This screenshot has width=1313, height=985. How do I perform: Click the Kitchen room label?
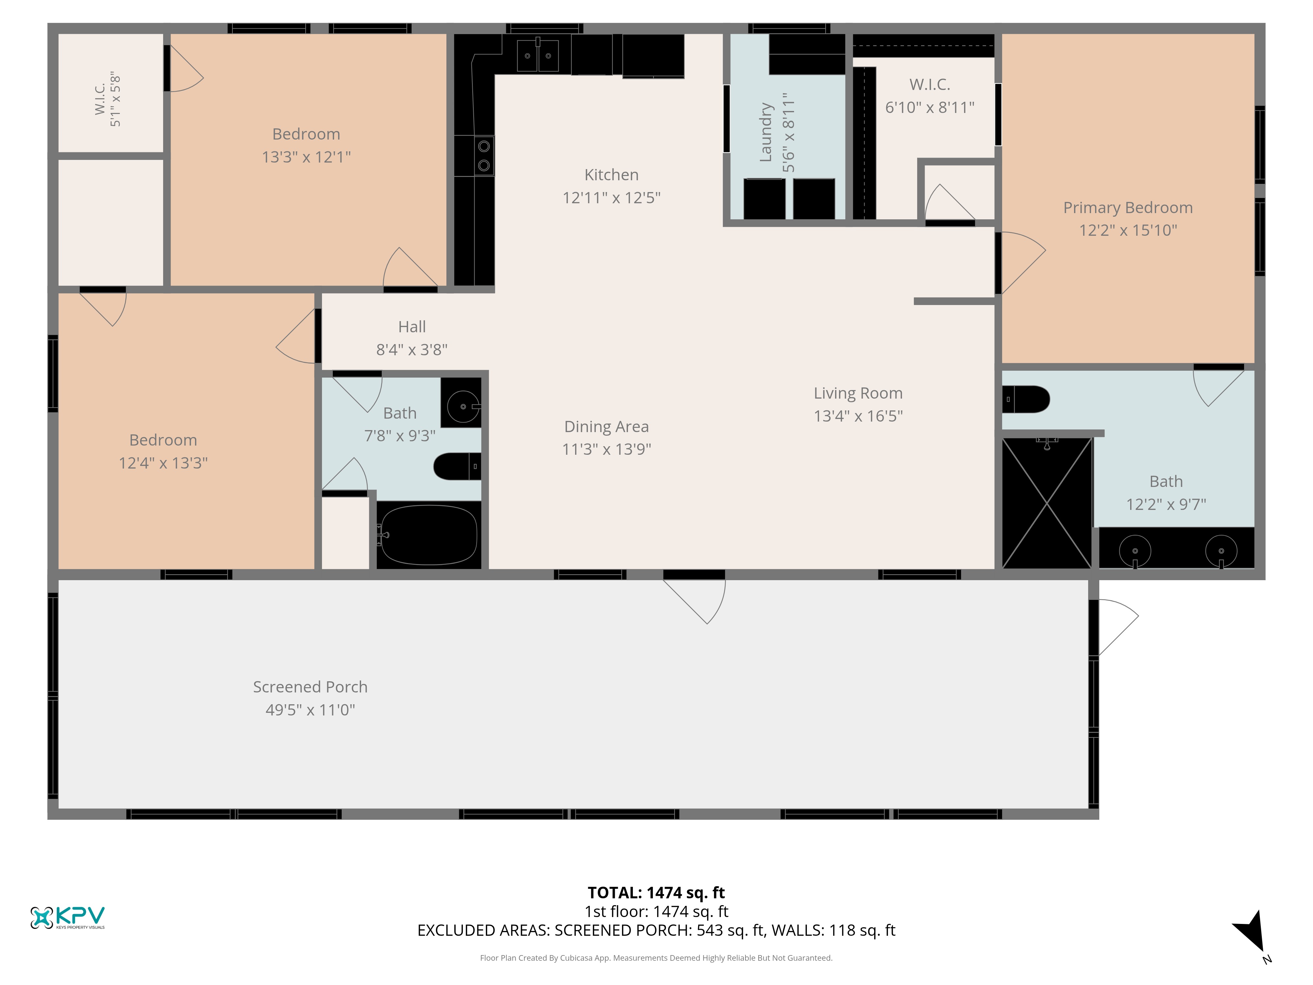tap(612, 175)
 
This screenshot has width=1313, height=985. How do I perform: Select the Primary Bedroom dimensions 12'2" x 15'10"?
tap(1128, 230)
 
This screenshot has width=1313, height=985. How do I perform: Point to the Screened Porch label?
tap(311, 687)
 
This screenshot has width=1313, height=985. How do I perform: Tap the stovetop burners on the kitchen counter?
tap(484, 156)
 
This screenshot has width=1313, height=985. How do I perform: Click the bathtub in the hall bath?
tap(429, 535)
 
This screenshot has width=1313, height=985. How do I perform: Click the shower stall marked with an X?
tap(1047, 503)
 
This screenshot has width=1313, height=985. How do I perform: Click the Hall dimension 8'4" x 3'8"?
tap(412, 350)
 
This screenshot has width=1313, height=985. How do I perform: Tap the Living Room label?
tap(858, 393)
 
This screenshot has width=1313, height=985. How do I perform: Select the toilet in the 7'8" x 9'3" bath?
tap(457, 467)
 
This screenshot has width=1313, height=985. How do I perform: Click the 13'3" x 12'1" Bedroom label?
tap(306, 134)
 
